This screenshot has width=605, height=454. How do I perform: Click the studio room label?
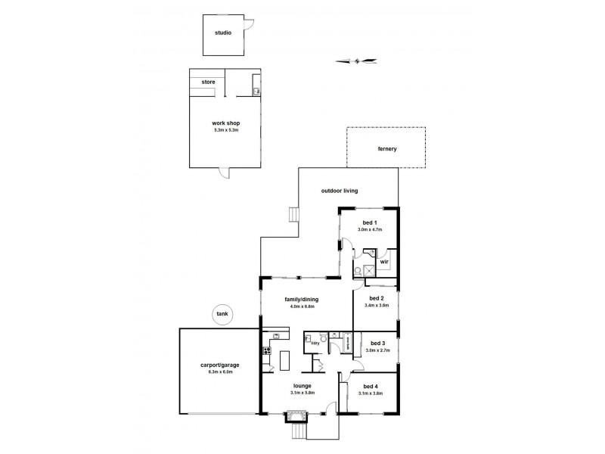(x=222, y=33)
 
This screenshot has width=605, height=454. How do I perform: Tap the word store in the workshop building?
(x=208, y=82)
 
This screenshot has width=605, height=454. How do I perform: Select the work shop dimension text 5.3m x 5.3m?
(x=225, y=130)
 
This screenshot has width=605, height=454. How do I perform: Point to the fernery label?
(x=387, y=148)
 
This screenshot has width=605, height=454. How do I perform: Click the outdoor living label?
(x=339, y=191)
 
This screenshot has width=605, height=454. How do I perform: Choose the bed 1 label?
(x=369, y=222)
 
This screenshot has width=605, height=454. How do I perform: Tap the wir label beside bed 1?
(x=383, y=262)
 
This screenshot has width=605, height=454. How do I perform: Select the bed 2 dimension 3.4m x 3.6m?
(x=376, y=305)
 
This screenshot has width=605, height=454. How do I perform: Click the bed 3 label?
(x=376, y=343)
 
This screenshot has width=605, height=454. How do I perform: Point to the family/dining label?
(x=299, y=299)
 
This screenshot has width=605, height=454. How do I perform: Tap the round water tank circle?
(x=222, y=314)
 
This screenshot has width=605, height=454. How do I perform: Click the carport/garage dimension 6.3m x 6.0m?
(x=216, y=372)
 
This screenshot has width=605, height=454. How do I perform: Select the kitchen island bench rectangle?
(x=286, y=360)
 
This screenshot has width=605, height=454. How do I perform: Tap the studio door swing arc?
(x=247, y=29)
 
